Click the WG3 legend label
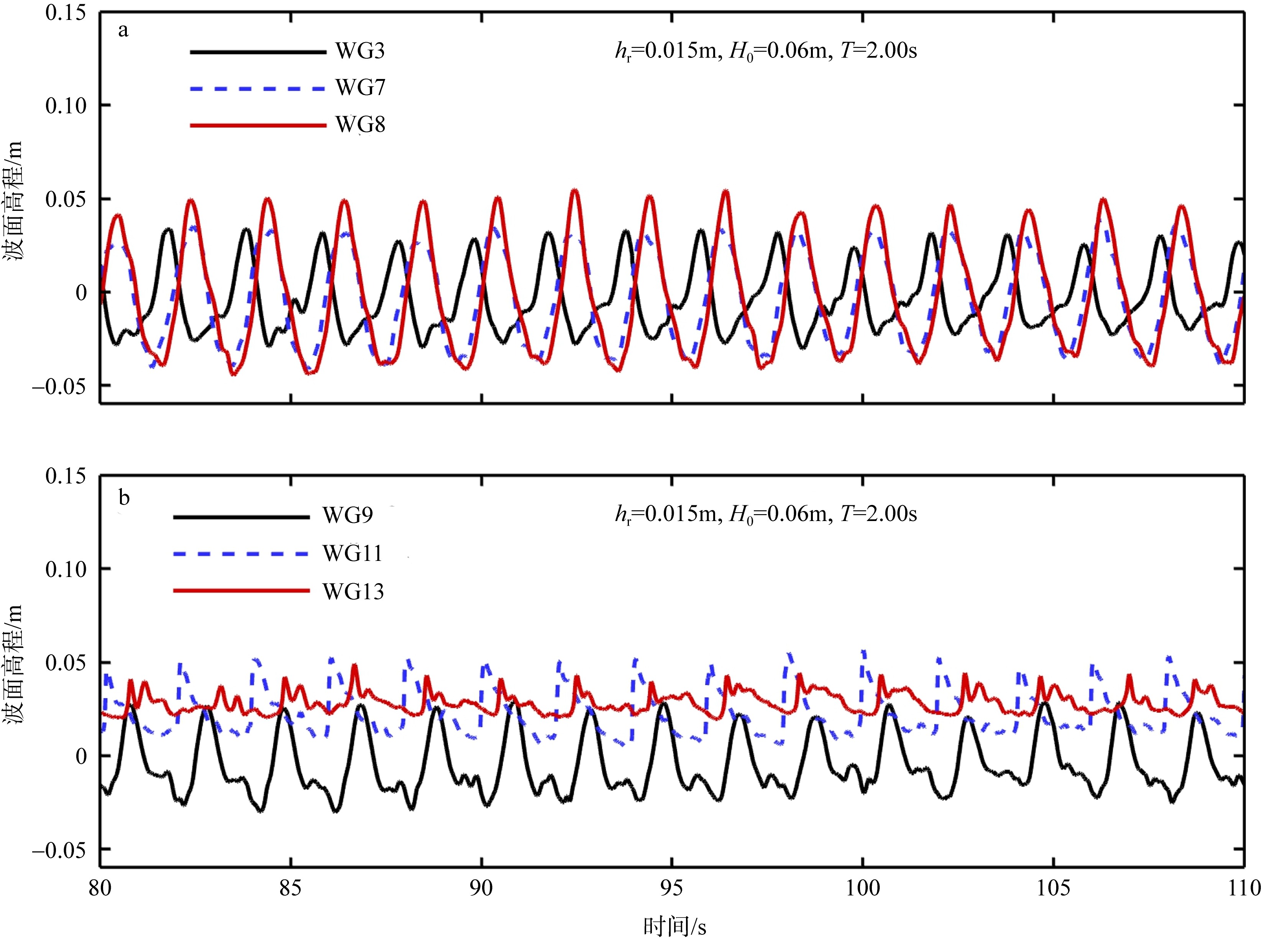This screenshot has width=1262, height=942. tap(360, 51)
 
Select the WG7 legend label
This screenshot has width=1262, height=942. tap(360, 88)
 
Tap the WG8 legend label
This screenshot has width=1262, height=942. tap(360, 124)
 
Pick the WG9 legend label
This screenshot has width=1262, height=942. tap(347, 516)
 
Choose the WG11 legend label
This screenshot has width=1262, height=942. tap(352, 553)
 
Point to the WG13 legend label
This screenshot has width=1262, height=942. tap(353, 592)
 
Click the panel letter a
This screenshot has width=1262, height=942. tap(123, 30)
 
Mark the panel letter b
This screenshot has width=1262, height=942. tap(124, 498)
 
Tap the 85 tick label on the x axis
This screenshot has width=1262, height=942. tap(291, 888)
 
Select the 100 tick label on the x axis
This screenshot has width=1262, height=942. tap(862, 888)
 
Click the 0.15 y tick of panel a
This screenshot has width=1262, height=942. tap(66, 13)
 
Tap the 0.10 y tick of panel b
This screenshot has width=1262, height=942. tap(66, 569)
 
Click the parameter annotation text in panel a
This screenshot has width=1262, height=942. tap(766, 52)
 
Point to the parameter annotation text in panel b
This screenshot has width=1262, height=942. tap(766, 515)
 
